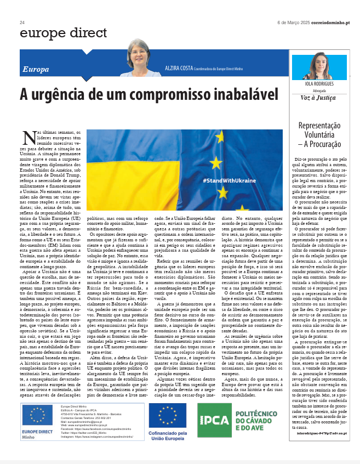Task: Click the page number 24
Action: pyautogui.click(x=22, y=22)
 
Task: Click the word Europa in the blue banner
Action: pyautogui.click(x=36, y=70)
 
